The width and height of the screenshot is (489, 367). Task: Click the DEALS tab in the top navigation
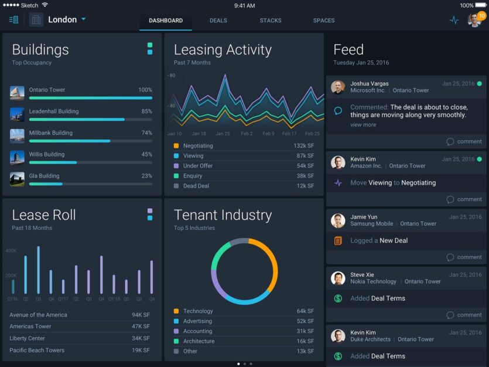tap(218, 21)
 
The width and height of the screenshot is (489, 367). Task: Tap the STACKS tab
tap(271, 21)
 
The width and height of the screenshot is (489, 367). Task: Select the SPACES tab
tap(324, 21)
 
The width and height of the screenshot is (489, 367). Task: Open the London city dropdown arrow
tap(84, 19)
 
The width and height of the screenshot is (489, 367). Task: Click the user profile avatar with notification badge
tap(474, 20)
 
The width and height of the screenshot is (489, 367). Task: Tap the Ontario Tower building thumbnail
tap(17, 93)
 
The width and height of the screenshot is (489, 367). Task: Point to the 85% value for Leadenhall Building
tap(146, 111)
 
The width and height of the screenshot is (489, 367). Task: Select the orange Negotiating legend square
tap(176, 146)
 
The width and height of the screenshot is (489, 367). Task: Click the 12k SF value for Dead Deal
tap(305, 186)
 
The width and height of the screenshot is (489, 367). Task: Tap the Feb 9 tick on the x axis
tap(268, 134)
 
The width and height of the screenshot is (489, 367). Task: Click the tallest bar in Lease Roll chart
tap(39, 270)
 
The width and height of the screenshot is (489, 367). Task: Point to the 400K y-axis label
tap(11, 251)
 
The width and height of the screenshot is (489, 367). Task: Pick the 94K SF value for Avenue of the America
tap(141, 315)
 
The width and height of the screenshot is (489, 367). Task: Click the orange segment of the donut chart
tap(271, 264)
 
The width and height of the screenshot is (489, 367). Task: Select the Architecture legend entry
tap(199, 341)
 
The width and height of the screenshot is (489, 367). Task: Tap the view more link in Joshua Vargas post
tap(363, 125)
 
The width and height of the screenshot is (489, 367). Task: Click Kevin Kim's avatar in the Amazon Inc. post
tap(337, 162)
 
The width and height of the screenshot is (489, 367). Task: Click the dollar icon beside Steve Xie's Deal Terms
tap(338, 298)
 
